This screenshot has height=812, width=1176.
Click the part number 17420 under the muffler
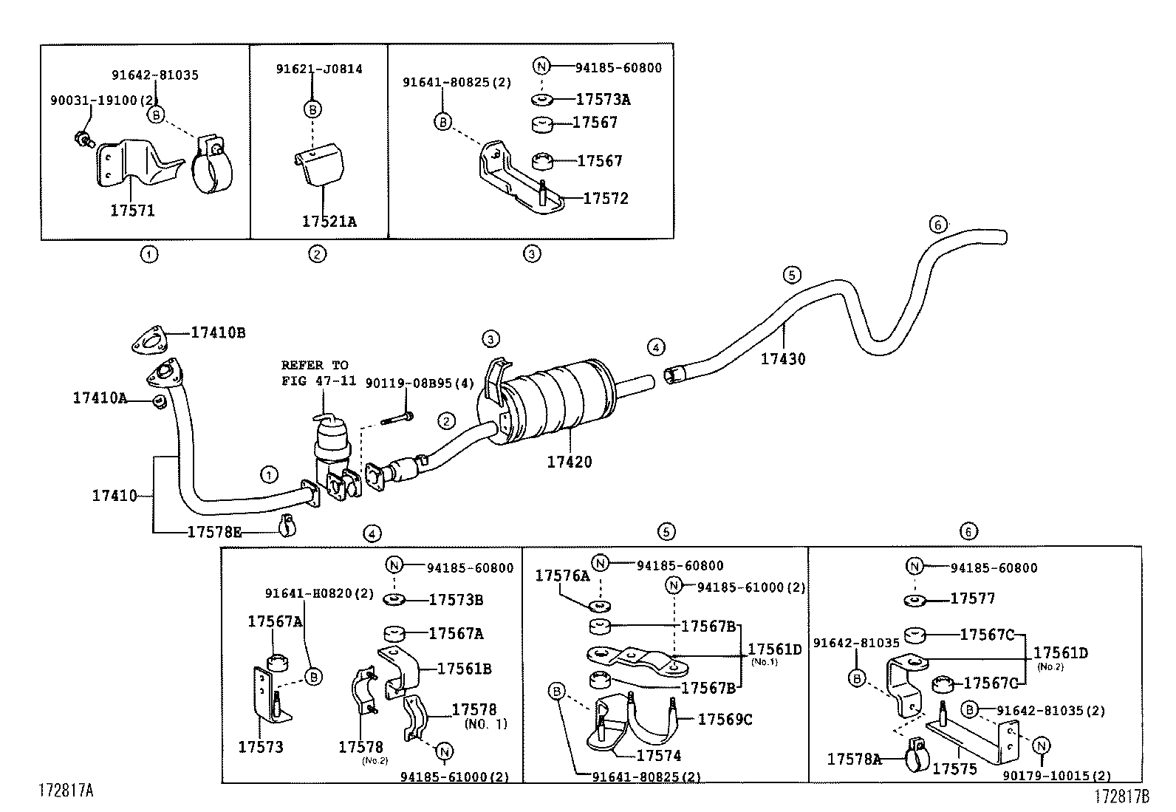[569, 463]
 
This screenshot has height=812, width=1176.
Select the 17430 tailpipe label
[783, 359]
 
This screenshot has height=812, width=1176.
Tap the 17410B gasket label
[218, 333]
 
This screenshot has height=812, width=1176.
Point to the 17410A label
[100, 398]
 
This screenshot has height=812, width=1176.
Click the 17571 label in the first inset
[132, 211]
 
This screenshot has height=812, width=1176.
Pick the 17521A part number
[329, 221]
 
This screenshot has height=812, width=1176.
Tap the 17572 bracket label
[606, 199]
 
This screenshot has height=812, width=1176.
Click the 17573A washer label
[603, 100]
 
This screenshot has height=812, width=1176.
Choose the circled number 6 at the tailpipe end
[937, 225]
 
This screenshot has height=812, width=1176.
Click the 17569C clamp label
[725, 719]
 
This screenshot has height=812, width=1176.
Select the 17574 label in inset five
[658, 756]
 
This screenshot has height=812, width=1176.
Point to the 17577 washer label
[972, 598]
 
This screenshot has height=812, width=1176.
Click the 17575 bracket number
[954, 769]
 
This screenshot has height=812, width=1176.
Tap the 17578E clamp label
[214, 531]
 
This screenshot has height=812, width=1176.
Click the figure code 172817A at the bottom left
[66, 791]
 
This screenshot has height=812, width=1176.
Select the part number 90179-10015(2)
[1056, 776]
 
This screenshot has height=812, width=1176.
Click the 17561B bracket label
[464, 669]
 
